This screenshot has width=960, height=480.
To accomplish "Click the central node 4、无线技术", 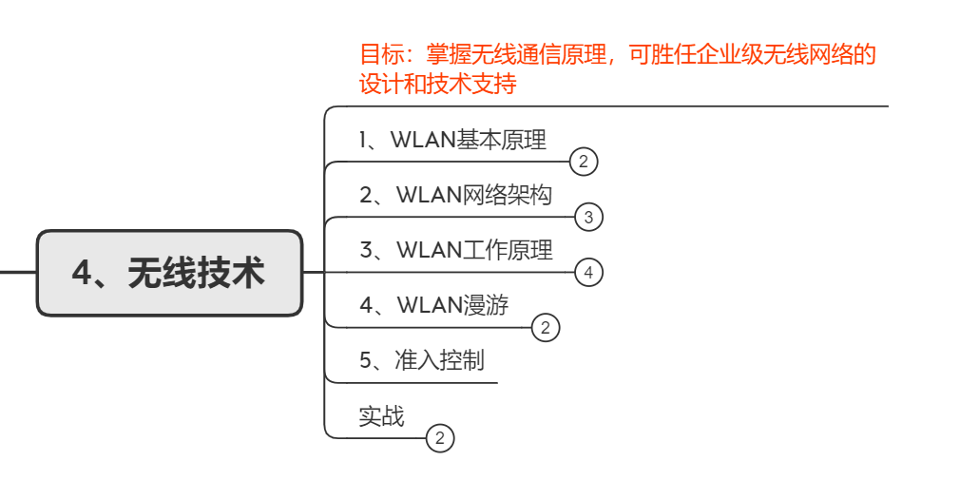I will [x=168, y=274].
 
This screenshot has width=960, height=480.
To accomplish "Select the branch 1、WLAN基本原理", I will [x=452, y=141].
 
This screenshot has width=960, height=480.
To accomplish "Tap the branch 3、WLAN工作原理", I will [x=455, y=251].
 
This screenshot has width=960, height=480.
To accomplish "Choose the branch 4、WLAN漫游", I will [x=433, y=306].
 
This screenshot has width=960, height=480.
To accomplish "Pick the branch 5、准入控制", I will [x=421, y=361].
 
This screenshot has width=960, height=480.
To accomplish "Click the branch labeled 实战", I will [x=381, y=416].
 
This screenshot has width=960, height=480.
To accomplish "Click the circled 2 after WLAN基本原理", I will [x=584, y=163].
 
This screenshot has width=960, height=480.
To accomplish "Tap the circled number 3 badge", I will [x=588, y=218].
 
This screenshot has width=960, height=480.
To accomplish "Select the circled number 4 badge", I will [x=588, y=273].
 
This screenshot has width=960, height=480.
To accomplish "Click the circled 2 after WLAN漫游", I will [x=545, y=329].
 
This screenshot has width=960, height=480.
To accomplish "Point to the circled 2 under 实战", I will [x=440, y=438].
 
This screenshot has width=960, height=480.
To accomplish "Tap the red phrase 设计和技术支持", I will [x=437, y=85].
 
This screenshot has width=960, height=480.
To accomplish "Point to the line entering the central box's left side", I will [x=17, y=272].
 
